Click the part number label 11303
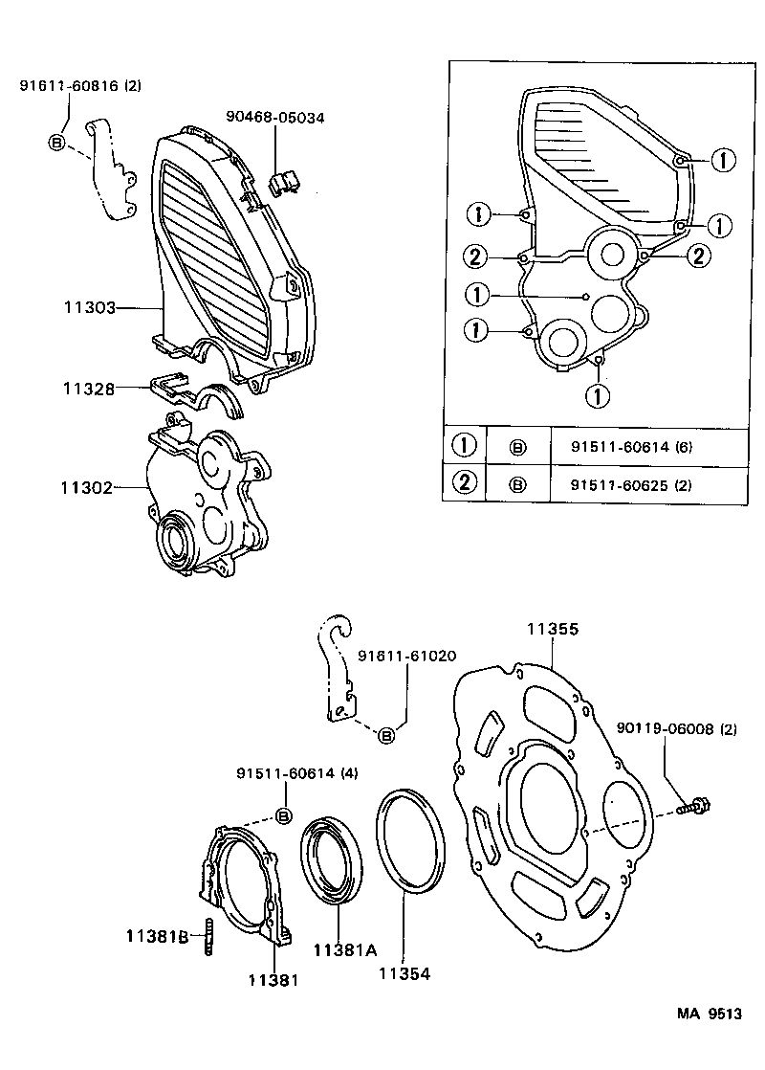[89, 308]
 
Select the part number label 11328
[89, 389]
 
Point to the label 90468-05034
[275, 118]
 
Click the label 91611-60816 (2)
[80, 86]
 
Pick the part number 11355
[552, 630]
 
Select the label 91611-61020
[406, 657]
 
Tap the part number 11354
[404, 973]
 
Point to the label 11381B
[157, 935]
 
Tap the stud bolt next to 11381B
[206, 936]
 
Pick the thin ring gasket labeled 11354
[410, 840]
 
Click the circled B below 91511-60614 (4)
[283, 814]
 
